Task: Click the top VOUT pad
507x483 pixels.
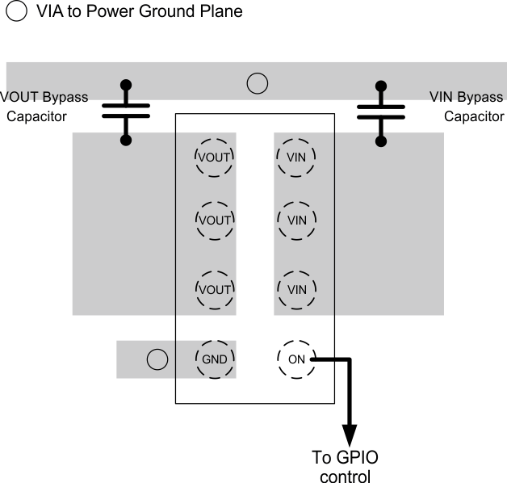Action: tap(215, 157)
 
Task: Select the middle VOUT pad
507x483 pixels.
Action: tap(215, 219)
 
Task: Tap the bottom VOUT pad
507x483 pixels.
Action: tap(215, 288)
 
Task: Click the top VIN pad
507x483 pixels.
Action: tap(296, 157)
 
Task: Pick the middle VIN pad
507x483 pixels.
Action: tap(296, 219)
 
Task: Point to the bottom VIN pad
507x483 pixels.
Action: tap(296, 288)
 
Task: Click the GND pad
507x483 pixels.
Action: tap(215, 359)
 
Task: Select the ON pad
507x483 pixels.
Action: tap(296, 359)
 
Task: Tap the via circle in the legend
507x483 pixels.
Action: tap(16, 12)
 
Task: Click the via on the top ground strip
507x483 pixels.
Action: tap(257, 82)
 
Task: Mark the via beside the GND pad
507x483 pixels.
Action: tap(157, 359)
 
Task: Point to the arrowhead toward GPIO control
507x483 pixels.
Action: tap(350, 431)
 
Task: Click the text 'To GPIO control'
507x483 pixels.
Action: tap(345, 467)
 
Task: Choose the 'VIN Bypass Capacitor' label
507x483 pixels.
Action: tap(467, 107)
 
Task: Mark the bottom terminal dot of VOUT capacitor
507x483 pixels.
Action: tap(126, 141)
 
